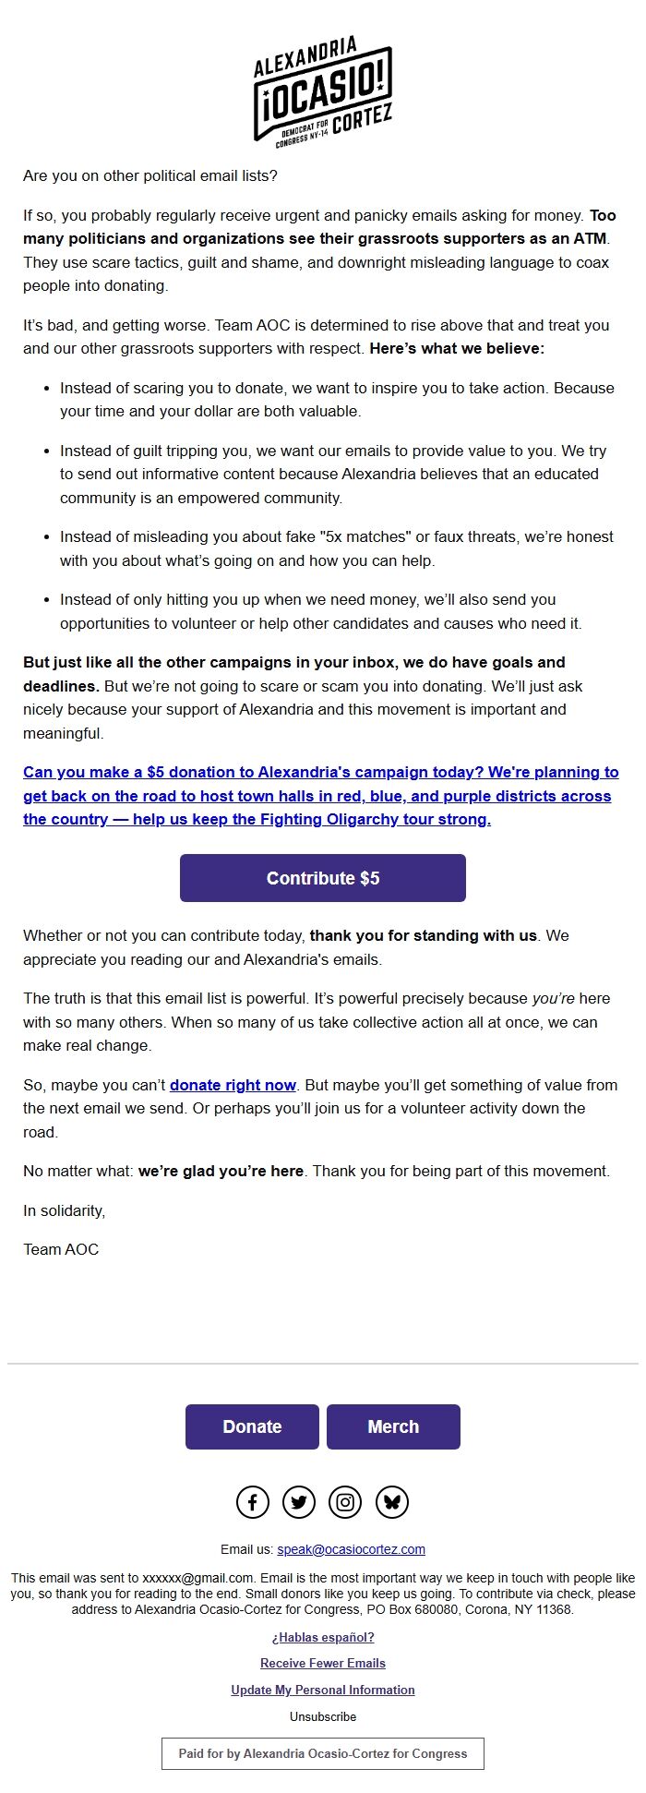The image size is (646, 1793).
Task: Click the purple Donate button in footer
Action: [x=252, y=1426]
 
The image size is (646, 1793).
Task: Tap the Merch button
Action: [x=393, y=1426]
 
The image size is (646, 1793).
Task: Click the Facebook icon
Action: [x=253, y=1502]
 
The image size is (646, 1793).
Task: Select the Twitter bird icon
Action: [x=299, y=1502]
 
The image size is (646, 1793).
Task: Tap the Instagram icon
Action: [x=345, y=1502]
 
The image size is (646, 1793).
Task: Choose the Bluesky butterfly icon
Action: [x=392, y=1502]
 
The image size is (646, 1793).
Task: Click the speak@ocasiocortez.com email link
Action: [x=351, y=1549]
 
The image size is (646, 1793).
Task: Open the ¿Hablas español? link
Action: [x=323, y=1637]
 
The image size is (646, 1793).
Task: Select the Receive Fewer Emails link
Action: [x=323, y=1663]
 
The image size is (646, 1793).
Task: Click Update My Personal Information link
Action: [x=323, y=1690]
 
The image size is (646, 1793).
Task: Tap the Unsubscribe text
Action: [x=323, y=1716]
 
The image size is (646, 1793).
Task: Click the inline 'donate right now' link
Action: [x=233, y=1085]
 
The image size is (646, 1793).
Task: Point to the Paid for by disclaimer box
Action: [x=323, y=1753]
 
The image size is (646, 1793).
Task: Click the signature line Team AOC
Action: [x=61, y=1249]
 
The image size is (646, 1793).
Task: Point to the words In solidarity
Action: [x=64, y=1210]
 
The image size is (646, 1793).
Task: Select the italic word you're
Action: [x=553, y=998]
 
